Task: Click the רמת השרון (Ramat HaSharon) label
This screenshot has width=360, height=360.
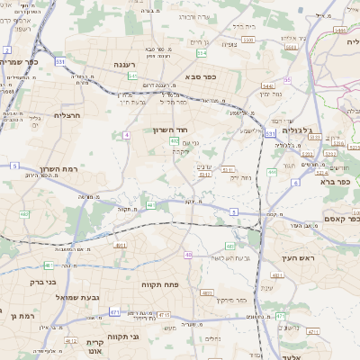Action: coord(60,168)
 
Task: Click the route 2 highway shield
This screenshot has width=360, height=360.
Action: coord(7,50)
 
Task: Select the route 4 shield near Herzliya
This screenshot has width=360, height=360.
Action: coord(127,134)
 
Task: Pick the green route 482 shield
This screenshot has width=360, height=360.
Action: coord(24,214)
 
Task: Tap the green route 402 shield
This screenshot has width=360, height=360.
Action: coord(174,140)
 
